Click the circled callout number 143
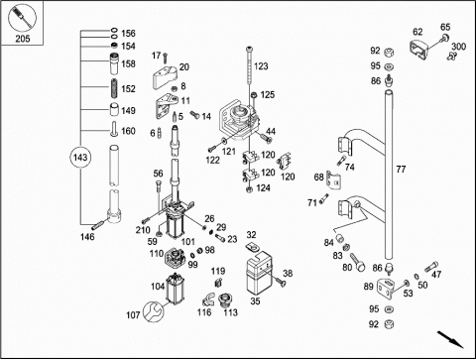pos(80,158)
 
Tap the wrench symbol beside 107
pos(153,311)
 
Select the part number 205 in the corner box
pos(23,39)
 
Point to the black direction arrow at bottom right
pos(451,339)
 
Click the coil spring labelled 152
pos(114,88)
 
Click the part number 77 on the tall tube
pos(401,170)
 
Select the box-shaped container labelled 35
pos(260,273)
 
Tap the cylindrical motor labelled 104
pos(175,288)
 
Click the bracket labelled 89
pos(385,288)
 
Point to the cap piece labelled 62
pos(419,49)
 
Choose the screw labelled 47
pos(431,266)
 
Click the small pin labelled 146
pos(98,225)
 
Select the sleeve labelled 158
pos(114,63)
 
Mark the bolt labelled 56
pos(158,188)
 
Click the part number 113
pos(230,312)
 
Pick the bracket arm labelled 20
pos(165,77)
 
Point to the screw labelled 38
pos(280,282)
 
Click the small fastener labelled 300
pos(451,56)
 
